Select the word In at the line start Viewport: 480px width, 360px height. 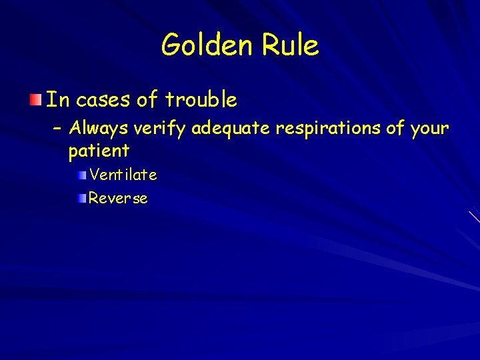pyautogui.click(x=57, y=100)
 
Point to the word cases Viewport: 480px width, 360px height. pyautogui.click(x=103, y=101)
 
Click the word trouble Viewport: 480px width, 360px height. pyautogui.click(x=201, y=100)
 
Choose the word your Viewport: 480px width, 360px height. pyautogui.click(x=429, y=129)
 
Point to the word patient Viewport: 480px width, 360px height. pyautogui.click(x=99, y=151)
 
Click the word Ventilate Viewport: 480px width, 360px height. pyautogui.click(x=123, y=175)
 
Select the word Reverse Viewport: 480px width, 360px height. pyautogui.click(x=118, y=198)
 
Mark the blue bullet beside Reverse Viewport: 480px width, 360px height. pyautogui.click(x=81, y=198)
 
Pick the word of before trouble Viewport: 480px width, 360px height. pyautogui.click(x=146, y=100)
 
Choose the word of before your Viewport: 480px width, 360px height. pyautogui.click(x=395, y=127)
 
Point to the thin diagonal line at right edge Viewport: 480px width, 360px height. pyautogui.click(x=474, y=216)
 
